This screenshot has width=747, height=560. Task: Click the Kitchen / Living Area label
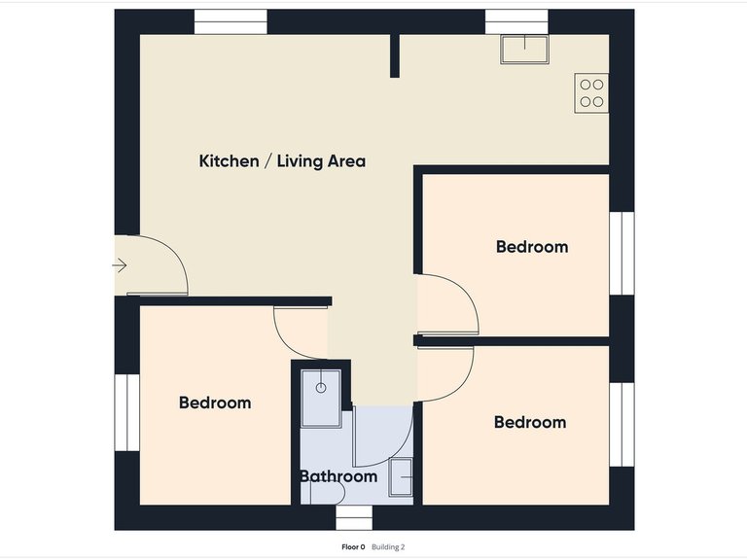pos(282,161)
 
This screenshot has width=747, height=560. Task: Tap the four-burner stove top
pos(591,93)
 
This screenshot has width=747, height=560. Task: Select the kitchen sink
pos(524,49)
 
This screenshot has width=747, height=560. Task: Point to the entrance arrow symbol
pos(120,265)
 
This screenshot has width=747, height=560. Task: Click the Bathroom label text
pos(338,476)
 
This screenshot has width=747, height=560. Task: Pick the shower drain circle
pos(321,388)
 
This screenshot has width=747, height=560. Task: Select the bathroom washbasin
pos(401,477)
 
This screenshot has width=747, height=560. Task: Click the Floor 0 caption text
pos(353,547)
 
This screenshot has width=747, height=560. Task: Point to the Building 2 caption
pos(388,547)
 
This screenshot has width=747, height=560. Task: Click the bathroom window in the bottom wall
pos(354,517)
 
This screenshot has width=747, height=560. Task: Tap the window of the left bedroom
pos(126,412)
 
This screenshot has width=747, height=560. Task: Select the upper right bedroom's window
pos(622,254)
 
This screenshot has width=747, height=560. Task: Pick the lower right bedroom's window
pos(622,425)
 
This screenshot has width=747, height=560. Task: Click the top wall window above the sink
pos(516,22)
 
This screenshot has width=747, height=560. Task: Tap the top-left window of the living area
pos(231,22)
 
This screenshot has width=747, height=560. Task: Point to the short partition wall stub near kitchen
pos(395,55)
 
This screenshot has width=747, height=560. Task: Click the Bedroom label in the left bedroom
pos(215,402)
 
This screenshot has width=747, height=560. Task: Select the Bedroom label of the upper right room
pos(532,247)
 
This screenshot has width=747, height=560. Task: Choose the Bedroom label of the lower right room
pos(530,422)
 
